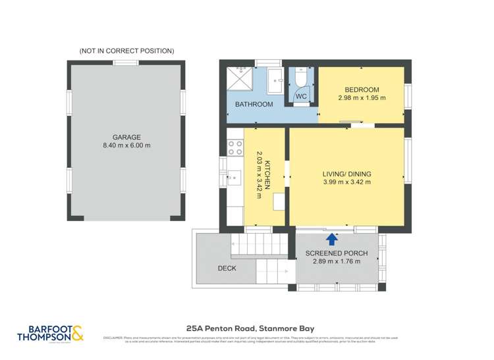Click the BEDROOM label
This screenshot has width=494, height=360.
pos(362,90)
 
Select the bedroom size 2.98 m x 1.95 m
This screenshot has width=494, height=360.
pos(362,98)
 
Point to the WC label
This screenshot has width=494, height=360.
pos(301,97)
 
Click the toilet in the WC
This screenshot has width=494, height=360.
pos(301,78)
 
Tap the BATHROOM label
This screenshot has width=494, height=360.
pos(254,105)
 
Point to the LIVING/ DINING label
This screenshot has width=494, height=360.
pos(346,174)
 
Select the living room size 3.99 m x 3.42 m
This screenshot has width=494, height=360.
pos(346,183)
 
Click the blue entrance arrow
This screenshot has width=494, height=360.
pos(332,240)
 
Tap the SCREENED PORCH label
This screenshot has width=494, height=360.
pos(337,253)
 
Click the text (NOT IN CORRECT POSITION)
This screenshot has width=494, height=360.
pos(126,51)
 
